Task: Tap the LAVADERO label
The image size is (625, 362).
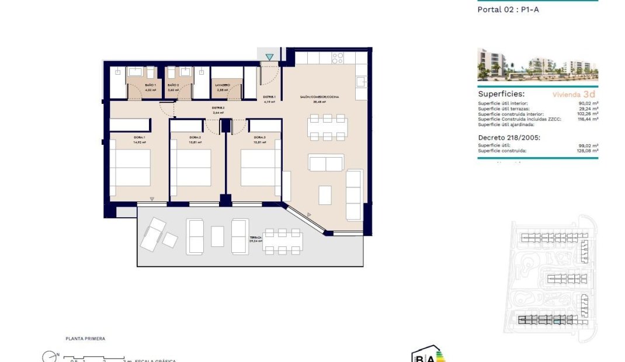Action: [222, 85]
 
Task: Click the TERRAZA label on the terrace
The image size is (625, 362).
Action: [256, 238]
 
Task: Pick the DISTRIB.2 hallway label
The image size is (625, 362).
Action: [218, 108]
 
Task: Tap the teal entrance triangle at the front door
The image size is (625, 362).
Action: [269, 57]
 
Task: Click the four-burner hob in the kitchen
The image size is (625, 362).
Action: [338, 58]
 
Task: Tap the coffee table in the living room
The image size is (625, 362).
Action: [325, 194]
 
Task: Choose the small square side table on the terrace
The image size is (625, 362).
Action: [170, 240]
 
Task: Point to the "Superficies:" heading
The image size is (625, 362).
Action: [501, 93]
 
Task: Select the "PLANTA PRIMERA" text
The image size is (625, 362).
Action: [85, 339]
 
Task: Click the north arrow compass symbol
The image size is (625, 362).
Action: [49, 356]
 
